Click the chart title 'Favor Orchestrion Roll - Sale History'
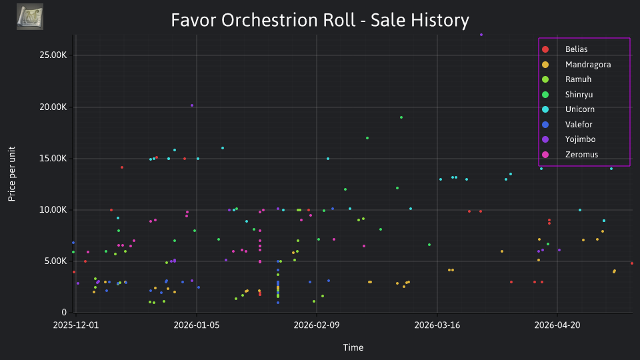tap(320, 20)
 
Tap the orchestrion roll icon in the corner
tap(30, 17)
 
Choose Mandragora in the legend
tap(576, 65)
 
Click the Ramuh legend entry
tap(567, 79)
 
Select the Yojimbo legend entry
tap(569, 139)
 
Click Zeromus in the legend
tap(570, 155)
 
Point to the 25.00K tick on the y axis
tap(53, 55)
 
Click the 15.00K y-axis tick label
tap(53, 159)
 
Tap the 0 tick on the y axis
tap(64, 312)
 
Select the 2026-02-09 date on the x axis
tap(317, 325)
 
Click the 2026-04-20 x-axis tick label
tap(557, 325)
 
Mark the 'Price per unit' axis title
tap(12, 174)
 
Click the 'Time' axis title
tap(353, 348)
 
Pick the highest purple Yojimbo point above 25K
tap(481, 35)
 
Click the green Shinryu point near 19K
tap(401, 117)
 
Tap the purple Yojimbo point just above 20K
tap(192, 106)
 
